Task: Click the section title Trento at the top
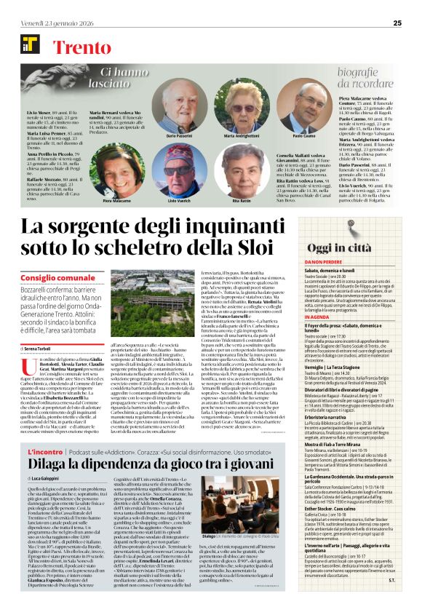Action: coord(80,46)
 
